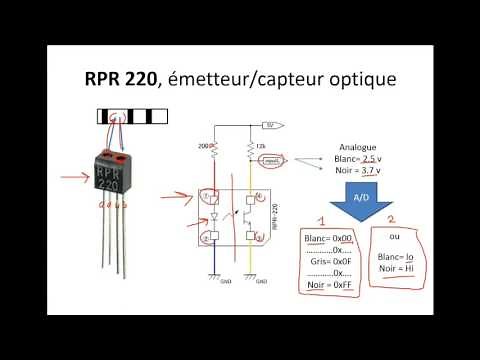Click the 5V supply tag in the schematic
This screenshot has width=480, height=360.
click(x=267, y=125)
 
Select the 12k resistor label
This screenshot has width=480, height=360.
click(x=262, y=145)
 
